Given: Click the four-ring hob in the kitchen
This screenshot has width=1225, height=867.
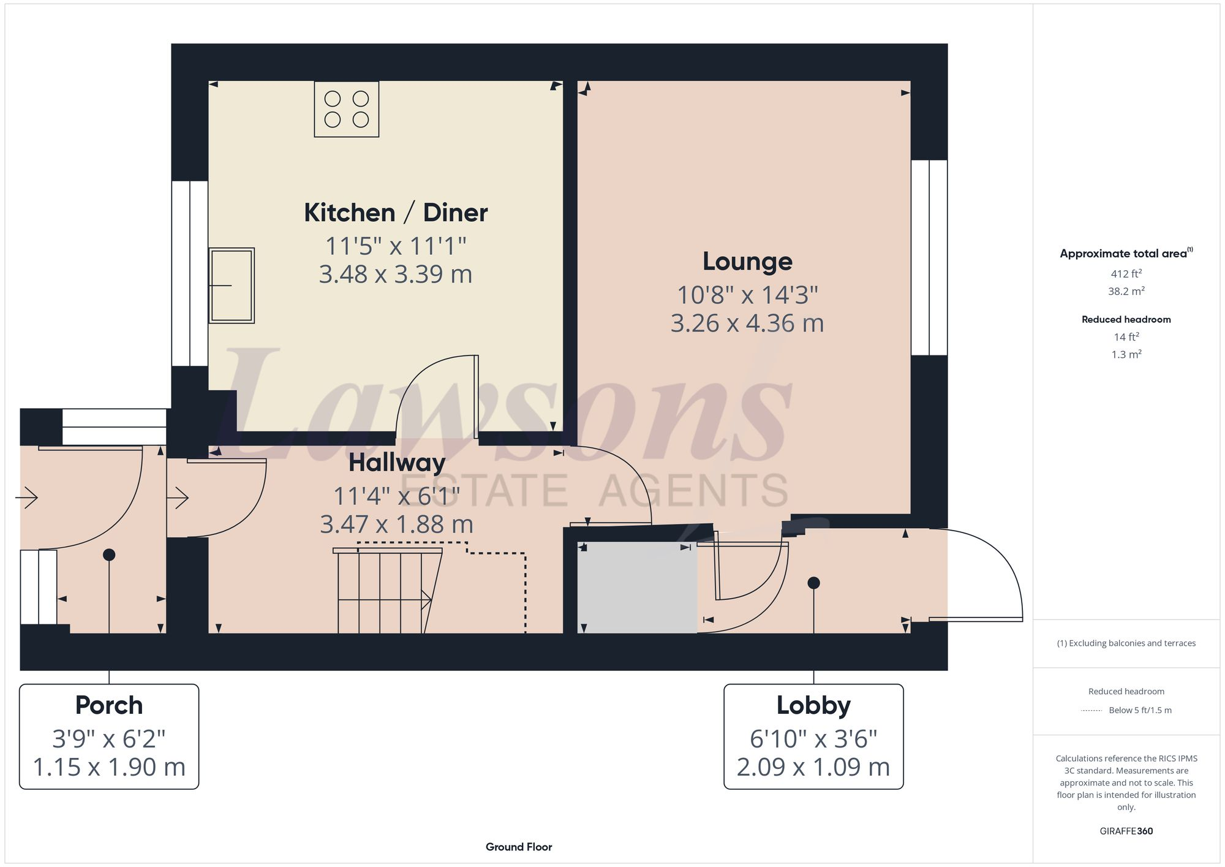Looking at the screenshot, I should (346, 109).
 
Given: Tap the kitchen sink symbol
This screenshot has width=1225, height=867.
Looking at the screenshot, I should (232, 286).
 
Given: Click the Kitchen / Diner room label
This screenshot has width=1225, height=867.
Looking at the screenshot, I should (396, 213).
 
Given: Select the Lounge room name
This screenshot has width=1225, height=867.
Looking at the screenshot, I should (747, 262).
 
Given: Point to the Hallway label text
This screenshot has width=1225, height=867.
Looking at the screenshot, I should (397, 463).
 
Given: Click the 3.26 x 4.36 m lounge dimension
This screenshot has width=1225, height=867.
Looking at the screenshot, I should (747, 324).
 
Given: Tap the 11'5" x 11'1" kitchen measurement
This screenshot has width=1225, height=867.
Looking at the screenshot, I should (396, 246).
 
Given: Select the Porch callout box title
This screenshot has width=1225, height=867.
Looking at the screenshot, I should (109, 705).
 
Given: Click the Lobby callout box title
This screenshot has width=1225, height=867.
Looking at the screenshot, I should (813, 705).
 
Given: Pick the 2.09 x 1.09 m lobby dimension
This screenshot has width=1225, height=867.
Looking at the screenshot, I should (813, 767).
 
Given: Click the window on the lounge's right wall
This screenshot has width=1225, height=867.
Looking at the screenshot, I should (929, 257).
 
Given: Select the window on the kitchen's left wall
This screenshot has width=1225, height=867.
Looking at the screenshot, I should (189, 273).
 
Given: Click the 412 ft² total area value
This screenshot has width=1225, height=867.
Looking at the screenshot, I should (1126, 274).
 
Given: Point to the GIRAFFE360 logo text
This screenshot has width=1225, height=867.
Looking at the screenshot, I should (1126, 831).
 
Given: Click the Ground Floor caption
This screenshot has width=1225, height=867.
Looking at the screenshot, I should (519, 847).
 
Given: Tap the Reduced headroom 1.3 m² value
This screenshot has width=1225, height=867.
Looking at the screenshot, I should (1126, 354).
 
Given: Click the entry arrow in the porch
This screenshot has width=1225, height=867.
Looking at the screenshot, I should (27, 498).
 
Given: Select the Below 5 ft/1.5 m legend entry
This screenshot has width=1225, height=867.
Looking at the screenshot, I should (1139, 710).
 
